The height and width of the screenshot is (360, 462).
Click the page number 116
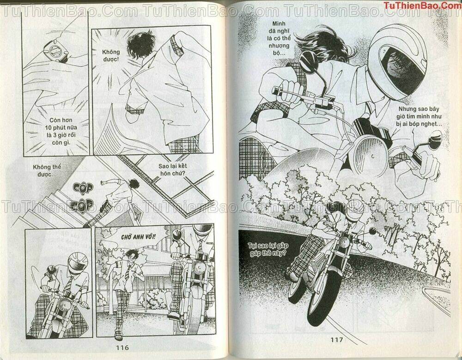122,348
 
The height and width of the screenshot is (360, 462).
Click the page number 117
336,340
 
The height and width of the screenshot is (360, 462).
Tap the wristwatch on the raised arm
56,52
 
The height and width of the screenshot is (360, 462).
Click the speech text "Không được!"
111,55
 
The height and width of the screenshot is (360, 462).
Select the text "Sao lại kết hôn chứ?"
173,169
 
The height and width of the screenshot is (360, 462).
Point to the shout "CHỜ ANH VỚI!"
138,237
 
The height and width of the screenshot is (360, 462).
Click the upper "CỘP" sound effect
83,188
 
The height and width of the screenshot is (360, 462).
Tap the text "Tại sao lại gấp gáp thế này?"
268,249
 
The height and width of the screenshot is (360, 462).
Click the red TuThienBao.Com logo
422,5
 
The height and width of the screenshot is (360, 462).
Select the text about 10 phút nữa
61,131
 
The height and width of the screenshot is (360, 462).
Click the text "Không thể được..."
47,171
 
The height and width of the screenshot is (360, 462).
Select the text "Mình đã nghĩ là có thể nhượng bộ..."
279,38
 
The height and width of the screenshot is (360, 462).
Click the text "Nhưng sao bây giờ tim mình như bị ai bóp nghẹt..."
419,117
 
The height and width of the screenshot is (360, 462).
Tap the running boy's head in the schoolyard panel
132,254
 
